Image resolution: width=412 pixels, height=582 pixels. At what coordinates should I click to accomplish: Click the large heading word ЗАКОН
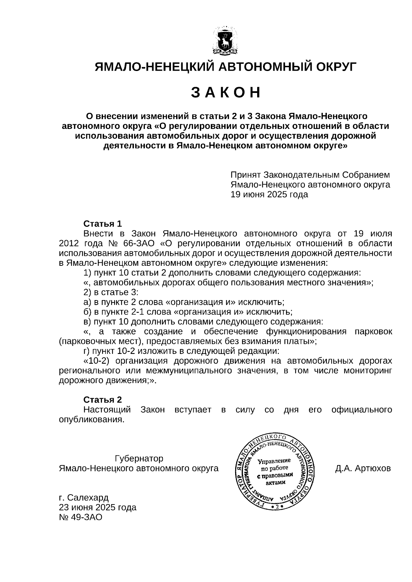pyautogui.click(x=226, y=93)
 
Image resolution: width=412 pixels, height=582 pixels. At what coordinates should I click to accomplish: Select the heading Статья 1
pyautogui.click(x=103, y=224)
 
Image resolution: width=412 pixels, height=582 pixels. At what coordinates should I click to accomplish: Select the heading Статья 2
pyautogui.click(x=103, y=400)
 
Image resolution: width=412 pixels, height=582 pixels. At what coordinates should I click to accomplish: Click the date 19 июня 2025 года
pyautogui.click(x=269, y=194)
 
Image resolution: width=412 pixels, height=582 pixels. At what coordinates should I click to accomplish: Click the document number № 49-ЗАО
pyautogui.click(x=81, y=517)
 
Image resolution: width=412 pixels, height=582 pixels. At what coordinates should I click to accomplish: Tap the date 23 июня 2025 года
pyautogui.click(x=98, y=507)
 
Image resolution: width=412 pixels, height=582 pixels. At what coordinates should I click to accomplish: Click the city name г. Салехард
pyautogui.click(x=84, y=497)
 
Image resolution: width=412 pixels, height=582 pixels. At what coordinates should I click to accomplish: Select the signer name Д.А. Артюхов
pyautogui.click(x=363, y=468)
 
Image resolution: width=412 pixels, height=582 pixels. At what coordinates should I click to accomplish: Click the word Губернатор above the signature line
pyautogui.click(x=139, y=459)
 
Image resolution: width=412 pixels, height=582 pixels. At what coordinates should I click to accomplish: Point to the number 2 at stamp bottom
pyautogui.click(x=277, y=507)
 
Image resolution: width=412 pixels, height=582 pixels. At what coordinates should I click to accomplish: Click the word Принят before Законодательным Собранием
pyautogui.click(x=244, y=175)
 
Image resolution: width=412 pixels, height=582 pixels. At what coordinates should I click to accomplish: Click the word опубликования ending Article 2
pyautogui.click(x=91, y=419)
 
